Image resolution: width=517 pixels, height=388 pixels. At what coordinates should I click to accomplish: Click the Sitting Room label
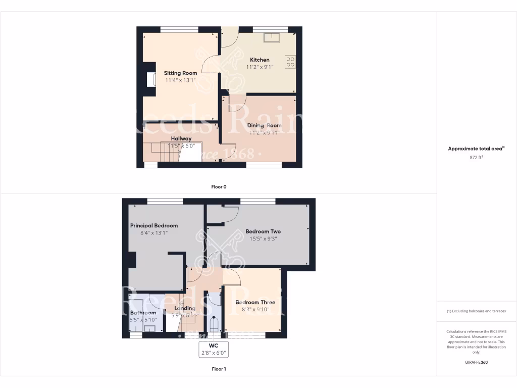(180, 73)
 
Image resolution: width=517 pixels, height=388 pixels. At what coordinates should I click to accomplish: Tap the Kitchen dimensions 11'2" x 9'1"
(260, 67)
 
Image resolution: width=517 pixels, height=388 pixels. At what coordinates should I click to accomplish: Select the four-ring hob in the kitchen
(290, 62)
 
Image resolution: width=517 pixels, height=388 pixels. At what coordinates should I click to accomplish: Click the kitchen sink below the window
(272, 37)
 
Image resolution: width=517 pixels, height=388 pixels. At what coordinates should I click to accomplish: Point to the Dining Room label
(264, 125)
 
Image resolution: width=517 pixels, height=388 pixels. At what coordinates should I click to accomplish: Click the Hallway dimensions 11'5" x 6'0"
(180, 145)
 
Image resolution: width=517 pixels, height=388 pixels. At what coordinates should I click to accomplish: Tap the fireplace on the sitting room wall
(150, 80)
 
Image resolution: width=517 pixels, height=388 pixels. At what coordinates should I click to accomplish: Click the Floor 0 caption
(219, 187)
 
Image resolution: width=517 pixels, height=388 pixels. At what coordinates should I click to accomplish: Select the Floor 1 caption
(219, 369)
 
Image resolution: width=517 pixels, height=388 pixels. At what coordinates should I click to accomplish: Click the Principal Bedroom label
(154, 225)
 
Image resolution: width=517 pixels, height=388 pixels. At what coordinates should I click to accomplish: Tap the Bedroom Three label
(255, 302)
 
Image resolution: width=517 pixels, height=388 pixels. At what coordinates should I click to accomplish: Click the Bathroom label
(143, 313)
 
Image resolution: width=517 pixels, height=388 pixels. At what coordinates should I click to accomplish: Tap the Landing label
(184, 308)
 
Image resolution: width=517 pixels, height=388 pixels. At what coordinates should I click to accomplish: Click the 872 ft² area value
(477, 158)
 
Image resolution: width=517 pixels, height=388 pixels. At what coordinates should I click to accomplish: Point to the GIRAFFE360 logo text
(477, 362)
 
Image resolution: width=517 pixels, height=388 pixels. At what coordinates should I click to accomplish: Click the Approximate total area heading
(476, 149)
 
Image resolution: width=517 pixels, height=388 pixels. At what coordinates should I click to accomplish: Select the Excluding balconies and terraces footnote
(477, 311)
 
